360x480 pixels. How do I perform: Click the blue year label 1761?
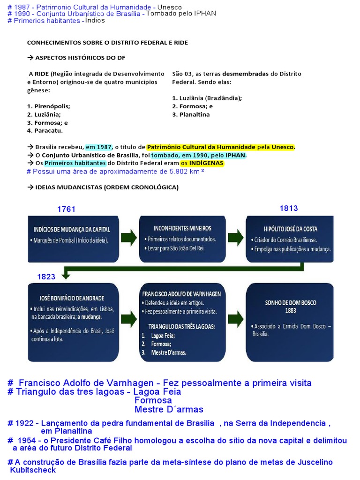click(x=66, y=210)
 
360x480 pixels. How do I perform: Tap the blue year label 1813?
click(x=289, y=208)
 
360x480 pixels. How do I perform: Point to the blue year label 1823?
click(x=46, y=277)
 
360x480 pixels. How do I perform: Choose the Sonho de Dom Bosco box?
click(x=290, y=322)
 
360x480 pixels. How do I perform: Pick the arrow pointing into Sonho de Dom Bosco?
click(x=236, y=320)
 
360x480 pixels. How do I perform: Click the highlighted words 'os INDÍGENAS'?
click(x=202, y=163)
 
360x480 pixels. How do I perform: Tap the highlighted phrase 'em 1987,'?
click(x=99, y=147)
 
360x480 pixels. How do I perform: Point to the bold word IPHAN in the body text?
click(x=235, y=155)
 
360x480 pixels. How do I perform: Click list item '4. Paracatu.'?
click(x=45, y=131)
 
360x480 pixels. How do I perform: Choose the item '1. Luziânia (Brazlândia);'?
click(x=207, y=98)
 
